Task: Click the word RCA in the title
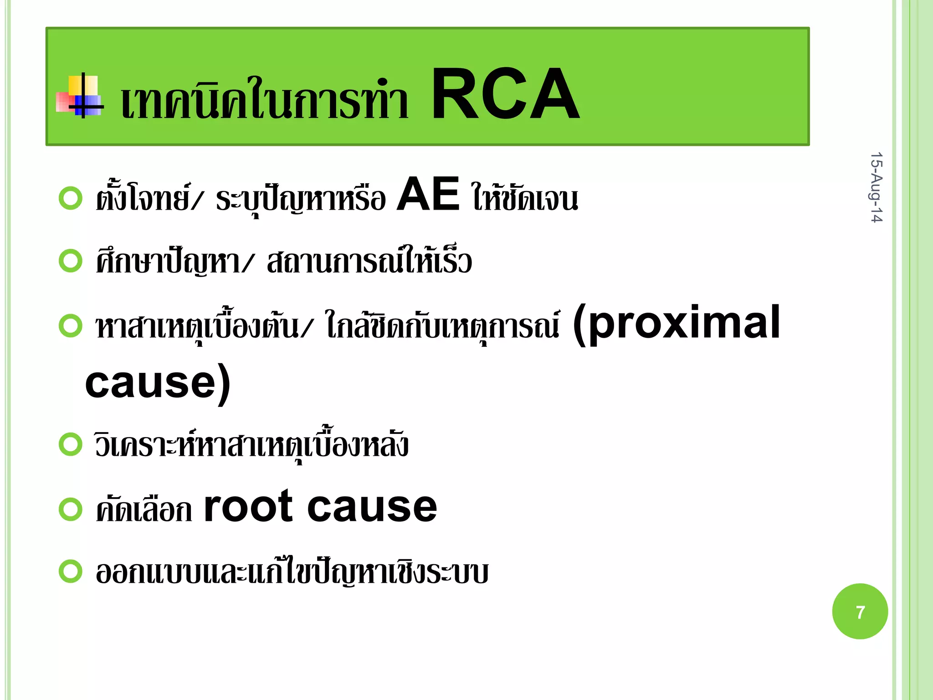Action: pos(505,94)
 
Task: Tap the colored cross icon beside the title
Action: pos(80,96)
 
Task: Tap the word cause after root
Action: pos(372,507)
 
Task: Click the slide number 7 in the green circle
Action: pos(860,612)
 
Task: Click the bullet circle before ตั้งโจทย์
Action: pos(71,198)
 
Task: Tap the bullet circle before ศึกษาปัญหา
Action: pos(71,261)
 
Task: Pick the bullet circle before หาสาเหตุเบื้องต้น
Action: pos(71,326)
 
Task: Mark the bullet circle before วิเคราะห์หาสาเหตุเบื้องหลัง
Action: pos(71,444)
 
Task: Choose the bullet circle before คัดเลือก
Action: pos(71,509)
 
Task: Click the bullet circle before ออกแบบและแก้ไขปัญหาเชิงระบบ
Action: pos(71,571)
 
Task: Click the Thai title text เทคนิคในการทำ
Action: pos(264,100)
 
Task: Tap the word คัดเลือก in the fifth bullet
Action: pos(144,509)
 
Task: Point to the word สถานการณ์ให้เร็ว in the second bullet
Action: pos(369,262)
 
